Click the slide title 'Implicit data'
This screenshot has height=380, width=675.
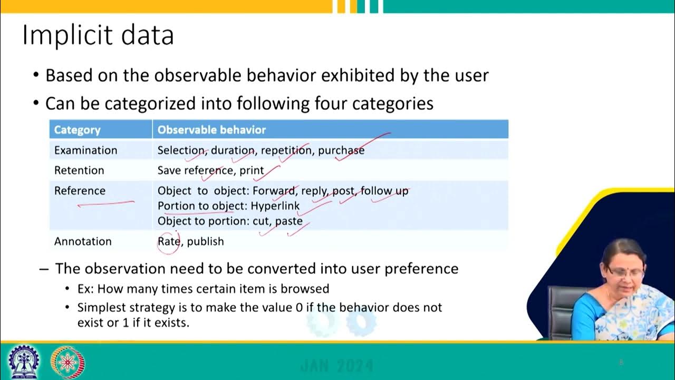98,36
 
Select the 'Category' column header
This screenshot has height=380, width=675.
77,130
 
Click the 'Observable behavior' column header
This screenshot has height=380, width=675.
211,130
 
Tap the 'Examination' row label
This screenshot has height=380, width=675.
85,150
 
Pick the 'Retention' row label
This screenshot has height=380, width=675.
79,170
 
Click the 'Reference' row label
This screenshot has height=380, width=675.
80,191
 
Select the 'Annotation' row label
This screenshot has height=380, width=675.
83,241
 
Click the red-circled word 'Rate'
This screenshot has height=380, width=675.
169,241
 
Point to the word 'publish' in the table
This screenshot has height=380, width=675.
205,242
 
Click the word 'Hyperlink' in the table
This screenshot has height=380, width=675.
275,206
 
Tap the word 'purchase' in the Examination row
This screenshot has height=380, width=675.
341,150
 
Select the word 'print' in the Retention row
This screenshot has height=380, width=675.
252,170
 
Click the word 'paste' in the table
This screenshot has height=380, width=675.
288,221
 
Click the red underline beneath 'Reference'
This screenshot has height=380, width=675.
105,203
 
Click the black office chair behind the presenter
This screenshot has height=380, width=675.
560,311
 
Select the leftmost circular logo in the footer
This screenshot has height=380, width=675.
24,362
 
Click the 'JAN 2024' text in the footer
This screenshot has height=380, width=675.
336,366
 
